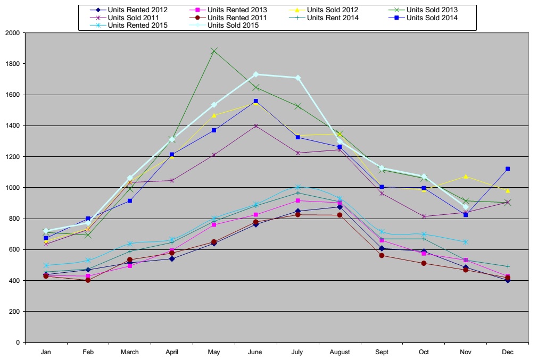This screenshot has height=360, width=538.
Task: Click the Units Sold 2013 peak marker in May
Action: pos(214,51)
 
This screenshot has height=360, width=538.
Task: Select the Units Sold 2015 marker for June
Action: pos(256,74)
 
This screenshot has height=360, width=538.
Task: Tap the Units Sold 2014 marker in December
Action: pos(508,169)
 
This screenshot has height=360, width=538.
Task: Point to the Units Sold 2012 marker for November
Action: pos(466,176)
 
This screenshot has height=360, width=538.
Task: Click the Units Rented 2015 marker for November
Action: pos(466,242)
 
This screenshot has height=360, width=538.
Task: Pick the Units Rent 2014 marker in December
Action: pos(508,266)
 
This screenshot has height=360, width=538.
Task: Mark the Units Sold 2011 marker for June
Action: pos(256,126)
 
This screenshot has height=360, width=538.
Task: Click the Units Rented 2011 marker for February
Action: pos(88,280)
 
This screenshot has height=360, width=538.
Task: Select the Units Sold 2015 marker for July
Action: pos(298,78)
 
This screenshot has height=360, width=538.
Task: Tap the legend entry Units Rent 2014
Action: pos(333,18)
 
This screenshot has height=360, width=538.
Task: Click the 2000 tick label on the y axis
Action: pos(12,33)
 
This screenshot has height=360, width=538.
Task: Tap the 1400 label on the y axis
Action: pos(12,126)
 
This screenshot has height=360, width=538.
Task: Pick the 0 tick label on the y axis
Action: pos(18,342)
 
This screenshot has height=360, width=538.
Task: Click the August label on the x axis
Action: pos(340,352)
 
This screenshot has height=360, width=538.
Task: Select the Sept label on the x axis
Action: pos(382,352)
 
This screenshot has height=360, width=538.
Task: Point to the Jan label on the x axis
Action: pos(46,352)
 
